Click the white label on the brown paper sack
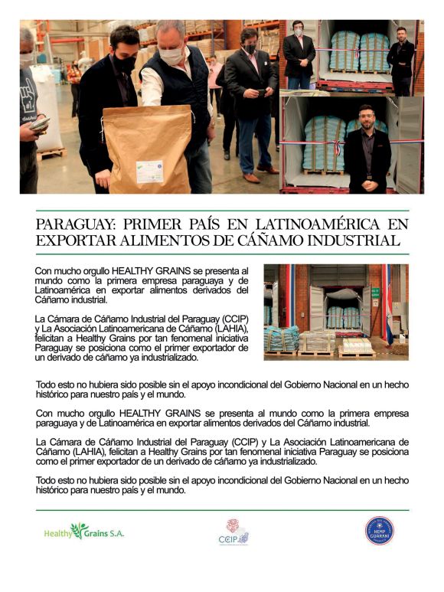[x=149, y=171]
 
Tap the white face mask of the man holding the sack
[x=171, y=54]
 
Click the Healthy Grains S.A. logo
[x=83, y=531]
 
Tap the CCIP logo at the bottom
[x=233, y=531]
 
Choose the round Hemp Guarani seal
[x=379, y=531]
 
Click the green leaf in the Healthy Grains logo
[x=80, y=529]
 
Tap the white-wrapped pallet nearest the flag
[x=356, y=345]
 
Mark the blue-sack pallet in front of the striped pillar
[x=282, y=338]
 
